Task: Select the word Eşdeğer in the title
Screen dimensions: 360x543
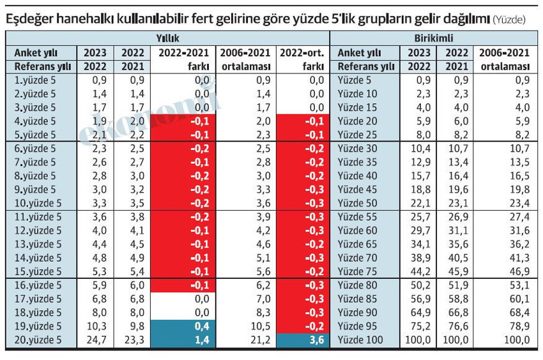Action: (32, 20)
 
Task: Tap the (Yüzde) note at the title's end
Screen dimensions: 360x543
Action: (509, 20)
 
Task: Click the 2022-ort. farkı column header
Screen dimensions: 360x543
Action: (303, 59)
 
